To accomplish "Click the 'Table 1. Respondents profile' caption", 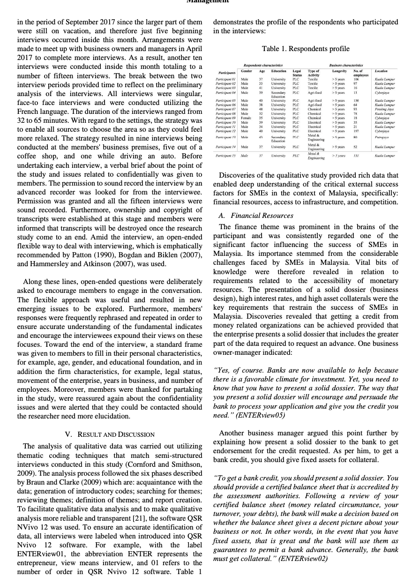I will (x=306, y=49).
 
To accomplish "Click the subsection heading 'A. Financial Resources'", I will (x=256, y=216).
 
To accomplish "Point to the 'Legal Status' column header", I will (x=297, y=72).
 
